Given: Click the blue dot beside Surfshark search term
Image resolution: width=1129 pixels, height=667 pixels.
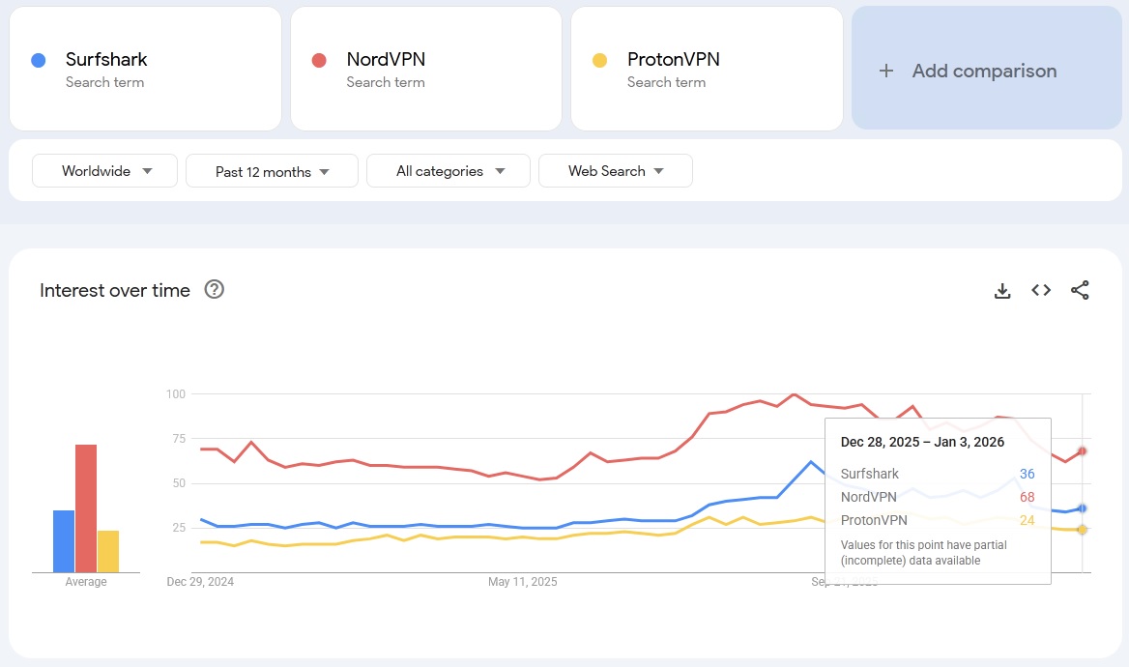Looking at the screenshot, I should [38, 60].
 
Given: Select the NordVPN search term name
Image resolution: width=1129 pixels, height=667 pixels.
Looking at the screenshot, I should [386, 60].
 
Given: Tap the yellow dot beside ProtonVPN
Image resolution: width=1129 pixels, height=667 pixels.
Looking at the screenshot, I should [599, 60].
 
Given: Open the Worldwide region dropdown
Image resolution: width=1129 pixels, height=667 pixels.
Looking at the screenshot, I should [105, 171].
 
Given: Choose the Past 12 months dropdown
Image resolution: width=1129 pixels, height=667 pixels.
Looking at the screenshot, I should [272, 171].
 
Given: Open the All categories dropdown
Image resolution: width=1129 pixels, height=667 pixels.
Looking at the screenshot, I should [449, 171].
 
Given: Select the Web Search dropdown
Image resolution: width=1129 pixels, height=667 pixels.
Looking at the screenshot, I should [615, 171].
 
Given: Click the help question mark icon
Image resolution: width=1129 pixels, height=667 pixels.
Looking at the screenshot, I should [215, 289].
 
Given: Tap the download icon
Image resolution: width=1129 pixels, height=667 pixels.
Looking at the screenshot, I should [1002, 290].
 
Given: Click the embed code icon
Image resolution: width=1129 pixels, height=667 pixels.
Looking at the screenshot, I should [1041, 290].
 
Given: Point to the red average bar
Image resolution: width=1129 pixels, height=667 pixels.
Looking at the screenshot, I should [86, 508].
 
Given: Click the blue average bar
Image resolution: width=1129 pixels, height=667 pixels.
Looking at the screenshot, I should [64, 540].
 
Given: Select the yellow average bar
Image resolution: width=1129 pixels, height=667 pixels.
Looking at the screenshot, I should [108, 551].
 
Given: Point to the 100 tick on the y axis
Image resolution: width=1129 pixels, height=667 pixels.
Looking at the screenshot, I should [175, 393].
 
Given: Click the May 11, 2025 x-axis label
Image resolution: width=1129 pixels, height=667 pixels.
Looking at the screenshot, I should [523, 582].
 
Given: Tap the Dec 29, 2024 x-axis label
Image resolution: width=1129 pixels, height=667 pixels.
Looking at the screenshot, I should [200, 582].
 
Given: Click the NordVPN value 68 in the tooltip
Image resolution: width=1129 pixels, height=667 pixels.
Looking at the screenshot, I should [1027, 497].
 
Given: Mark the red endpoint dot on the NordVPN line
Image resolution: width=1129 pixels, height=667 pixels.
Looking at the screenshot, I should [1083, 450].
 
